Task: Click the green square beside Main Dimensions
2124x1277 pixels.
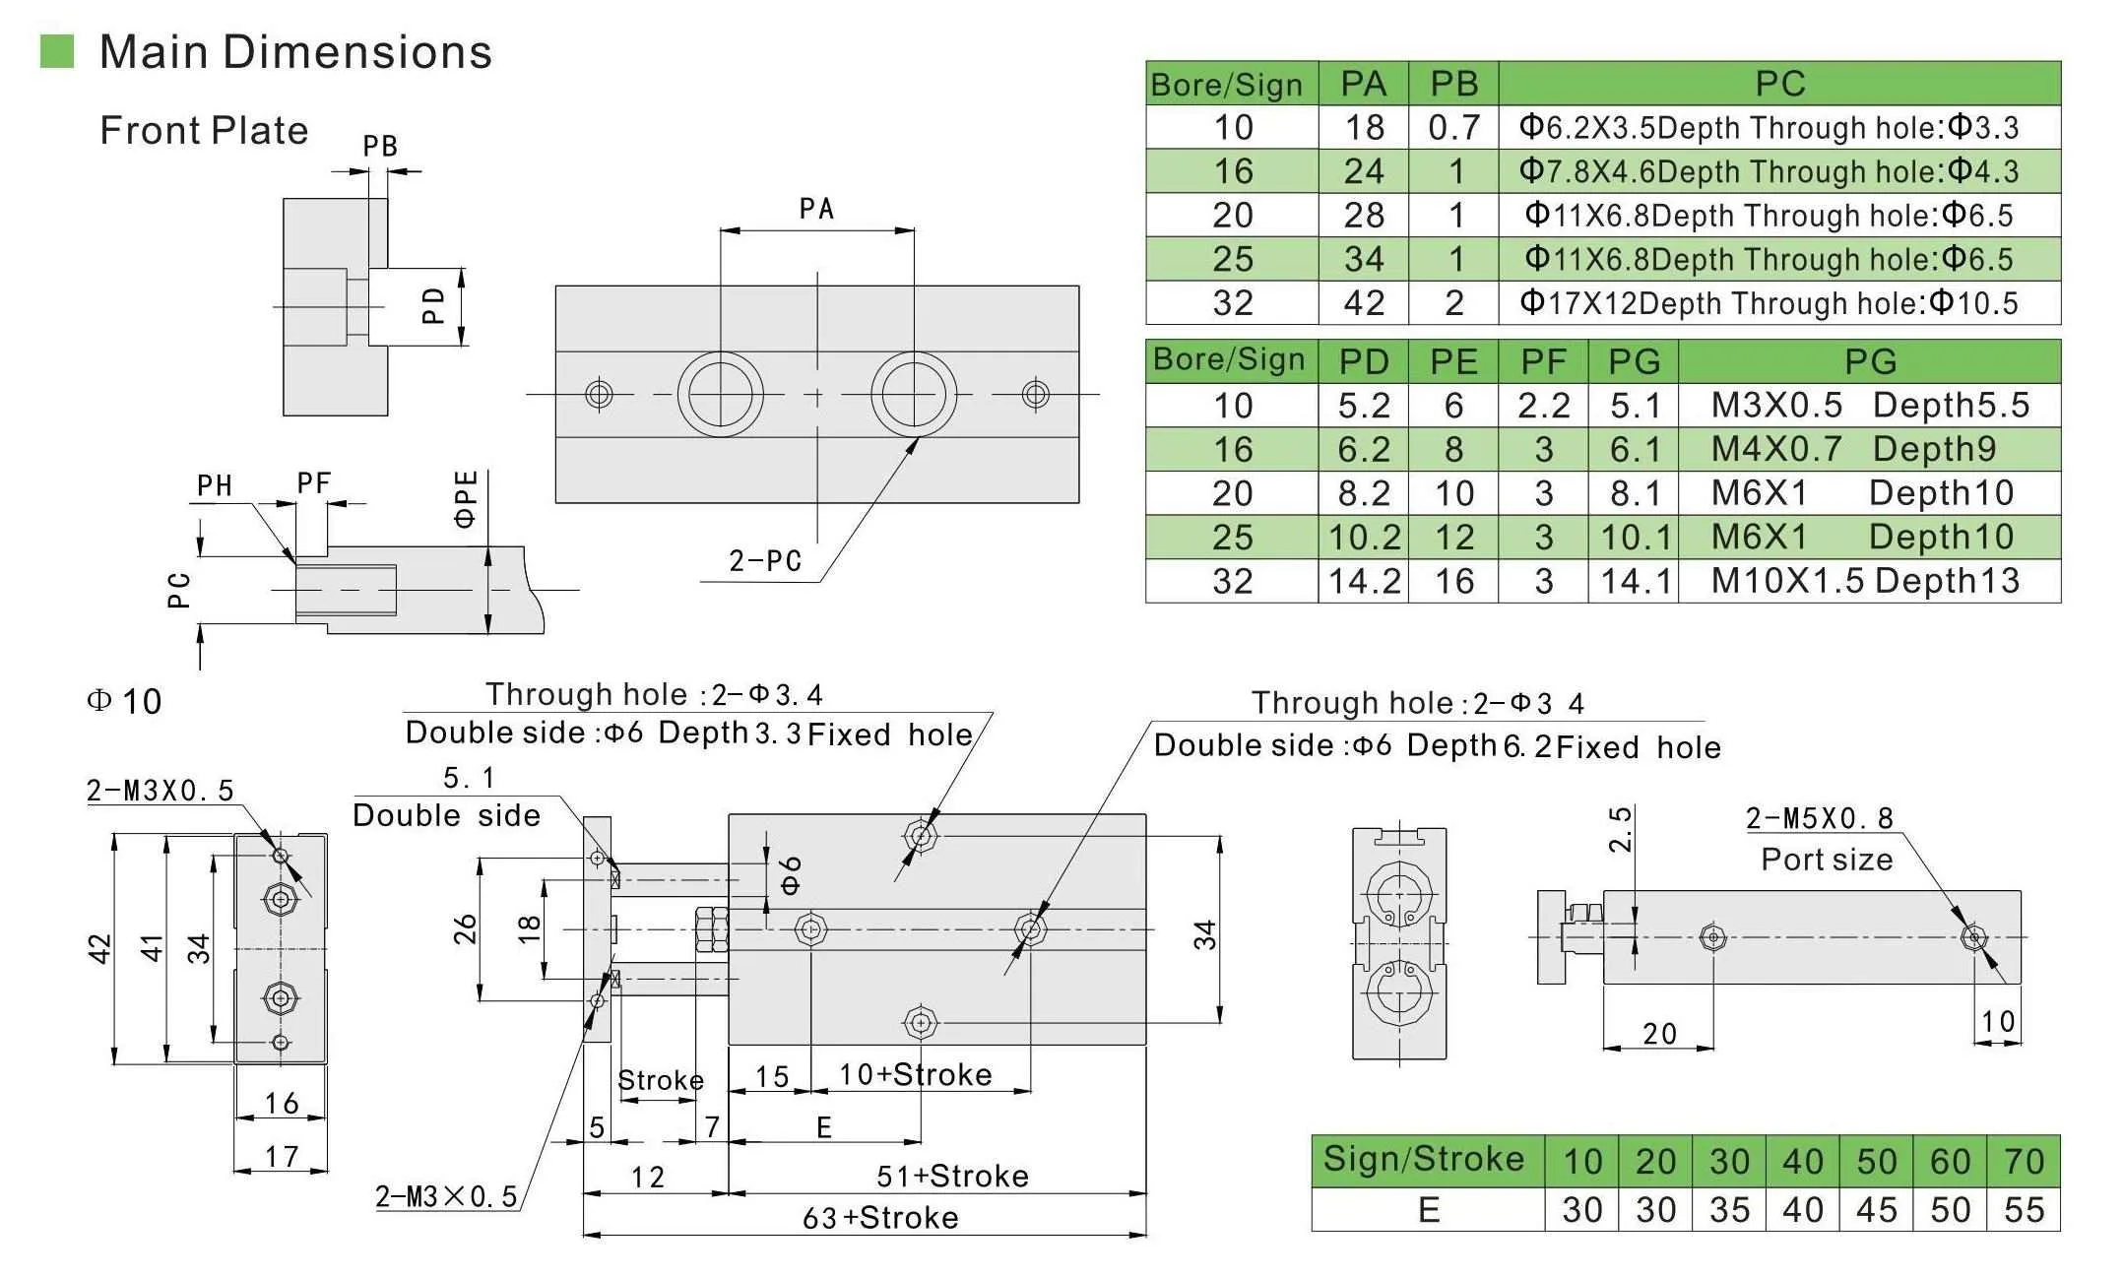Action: (x=56, y=51)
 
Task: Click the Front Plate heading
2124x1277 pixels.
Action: (x=204, y=130)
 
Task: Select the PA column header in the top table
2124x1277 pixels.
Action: (x=1363, y=84)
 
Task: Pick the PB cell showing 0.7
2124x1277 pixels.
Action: (x=1453, y=127)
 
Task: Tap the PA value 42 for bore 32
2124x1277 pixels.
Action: (x=1363, y=302)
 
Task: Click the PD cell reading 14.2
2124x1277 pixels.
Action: (x=1363, y=581)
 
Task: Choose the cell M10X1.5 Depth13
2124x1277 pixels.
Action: (x=1868, y=581)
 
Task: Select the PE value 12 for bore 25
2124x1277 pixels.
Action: (x=1453, y=537)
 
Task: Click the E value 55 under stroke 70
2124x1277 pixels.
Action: (x=2024, y=1209)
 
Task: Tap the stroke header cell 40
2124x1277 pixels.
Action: (x=1803, y=1162)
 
